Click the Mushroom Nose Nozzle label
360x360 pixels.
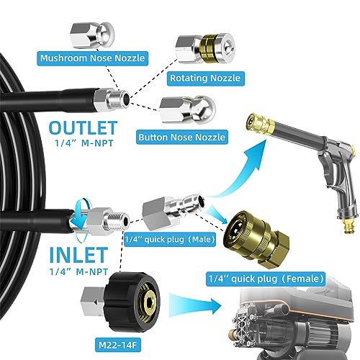(92, 58)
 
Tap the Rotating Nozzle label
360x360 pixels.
(205, 78)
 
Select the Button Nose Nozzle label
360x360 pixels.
(182, 137)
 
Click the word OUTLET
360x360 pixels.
(83, 128)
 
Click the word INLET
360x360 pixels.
(78, 255)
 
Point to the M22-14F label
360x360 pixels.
(117, 346)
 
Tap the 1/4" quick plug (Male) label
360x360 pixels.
(170, 239)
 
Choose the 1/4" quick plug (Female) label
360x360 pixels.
(266, 279)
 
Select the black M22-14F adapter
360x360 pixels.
(134, 302)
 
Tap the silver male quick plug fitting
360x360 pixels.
(174, 208)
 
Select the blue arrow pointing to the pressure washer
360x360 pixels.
(195, 305)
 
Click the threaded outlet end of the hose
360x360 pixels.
(112, 99)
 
